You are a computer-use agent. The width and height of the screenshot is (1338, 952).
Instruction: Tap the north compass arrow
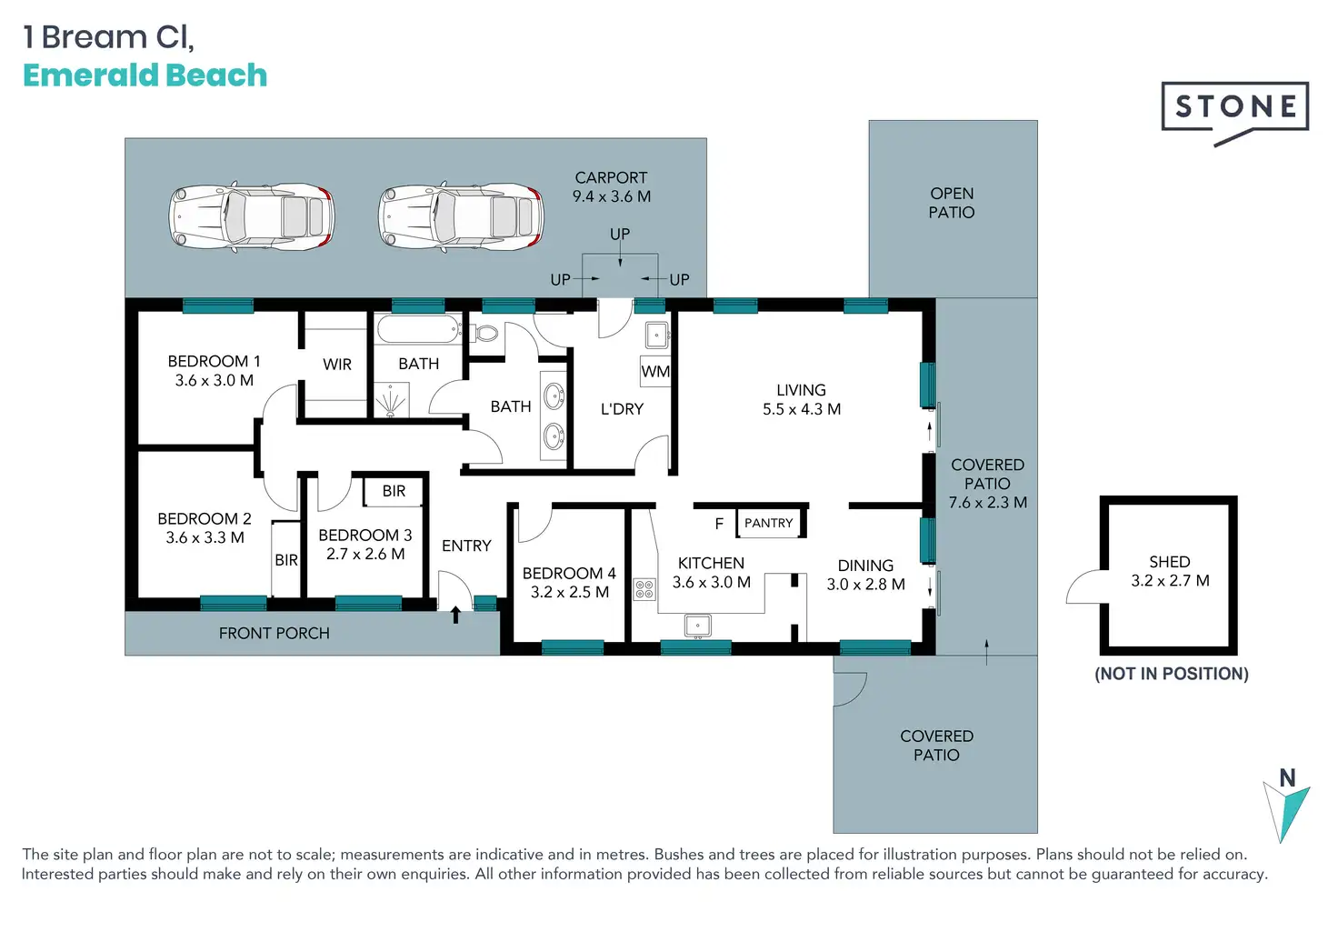1286,812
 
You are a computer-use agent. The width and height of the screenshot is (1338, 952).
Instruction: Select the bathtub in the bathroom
418,329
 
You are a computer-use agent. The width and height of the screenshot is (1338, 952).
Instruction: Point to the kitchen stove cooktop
644,589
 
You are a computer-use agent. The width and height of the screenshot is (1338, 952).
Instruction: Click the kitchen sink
697,626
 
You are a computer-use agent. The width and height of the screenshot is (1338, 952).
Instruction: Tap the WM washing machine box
655,371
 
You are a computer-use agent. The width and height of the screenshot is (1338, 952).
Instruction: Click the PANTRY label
768,523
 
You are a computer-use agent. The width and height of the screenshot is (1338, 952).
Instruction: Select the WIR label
337,364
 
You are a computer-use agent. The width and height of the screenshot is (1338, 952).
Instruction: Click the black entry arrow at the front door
455,615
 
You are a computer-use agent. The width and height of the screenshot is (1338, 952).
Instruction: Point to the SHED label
1170,562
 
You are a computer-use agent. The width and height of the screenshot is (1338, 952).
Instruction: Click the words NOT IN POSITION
1172,674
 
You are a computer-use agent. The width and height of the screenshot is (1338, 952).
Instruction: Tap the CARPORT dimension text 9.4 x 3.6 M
611,196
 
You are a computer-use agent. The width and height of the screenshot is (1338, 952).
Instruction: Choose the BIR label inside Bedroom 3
394,491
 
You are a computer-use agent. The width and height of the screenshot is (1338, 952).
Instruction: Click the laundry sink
657,335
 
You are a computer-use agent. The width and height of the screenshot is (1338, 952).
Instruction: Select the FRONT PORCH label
275,633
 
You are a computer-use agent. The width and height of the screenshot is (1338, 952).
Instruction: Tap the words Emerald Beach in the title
145,75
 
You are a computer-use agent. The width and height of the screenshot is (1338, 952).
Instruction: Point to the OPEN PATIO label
952,203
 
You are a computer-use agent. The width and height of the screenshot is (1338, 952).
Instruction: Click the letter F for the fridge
719,524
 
